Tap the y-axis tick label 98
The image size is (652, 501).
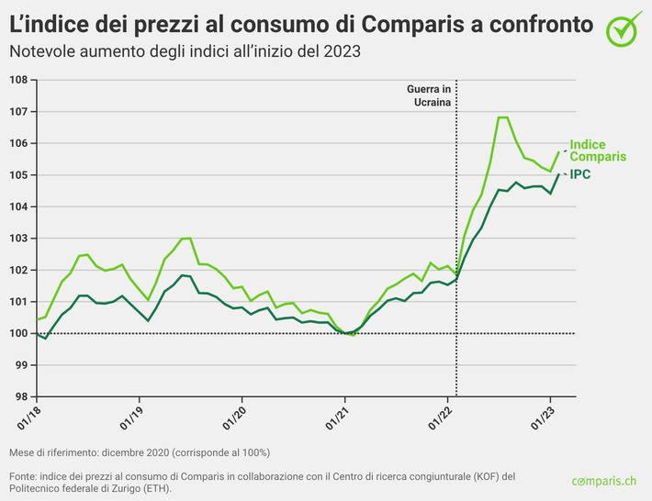(18, 396)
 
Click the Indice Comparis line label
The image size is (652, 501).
(598, 150)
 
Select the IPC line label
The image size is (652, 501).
(580, 174)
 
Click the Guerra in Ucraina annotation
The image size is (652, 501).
(429, 95)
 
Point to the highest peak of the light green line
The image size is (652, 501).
(502, 117)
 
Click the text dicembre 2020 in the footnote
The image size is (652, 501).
(138, 453)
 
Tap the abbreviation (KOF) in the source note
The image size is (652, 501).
(466, 476)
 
